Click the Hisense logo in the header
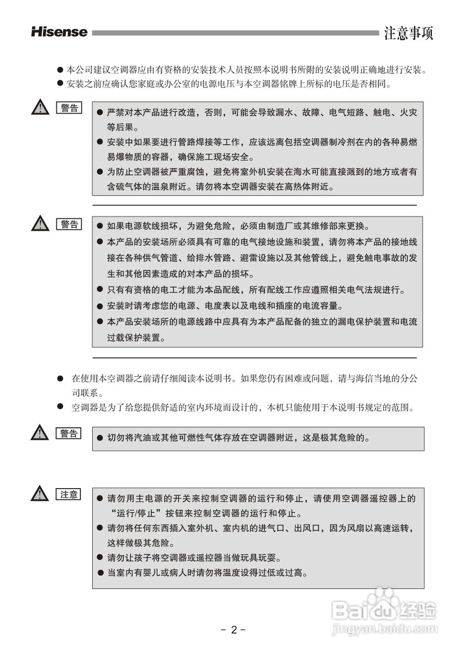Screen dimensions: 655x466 (x=59, y=32)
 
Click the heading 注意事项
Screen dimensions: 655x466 (x=409, y=33)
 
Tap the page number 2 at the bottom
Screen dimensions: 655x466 (x=234, y=629)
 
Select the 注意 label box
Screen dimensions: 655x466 (x=69, y=494)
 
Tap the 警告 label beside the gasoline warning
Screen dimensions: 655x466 (x=69, y=433)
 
